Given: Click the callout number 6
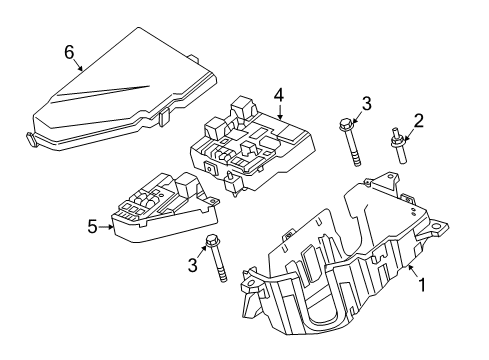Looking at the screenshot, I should (69, 50).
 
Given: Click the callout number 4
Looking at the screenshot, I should (280, 96).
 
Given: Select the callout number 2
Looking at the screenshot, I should (419, 121).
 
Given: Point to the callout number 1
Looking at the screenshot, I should (421, 284).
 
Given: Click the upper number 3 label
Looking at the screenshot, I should (367, 103).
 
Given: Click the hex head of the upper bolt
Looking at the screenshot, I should (345, 125).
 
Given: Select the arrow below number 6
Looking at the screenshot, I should (77, 66).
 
